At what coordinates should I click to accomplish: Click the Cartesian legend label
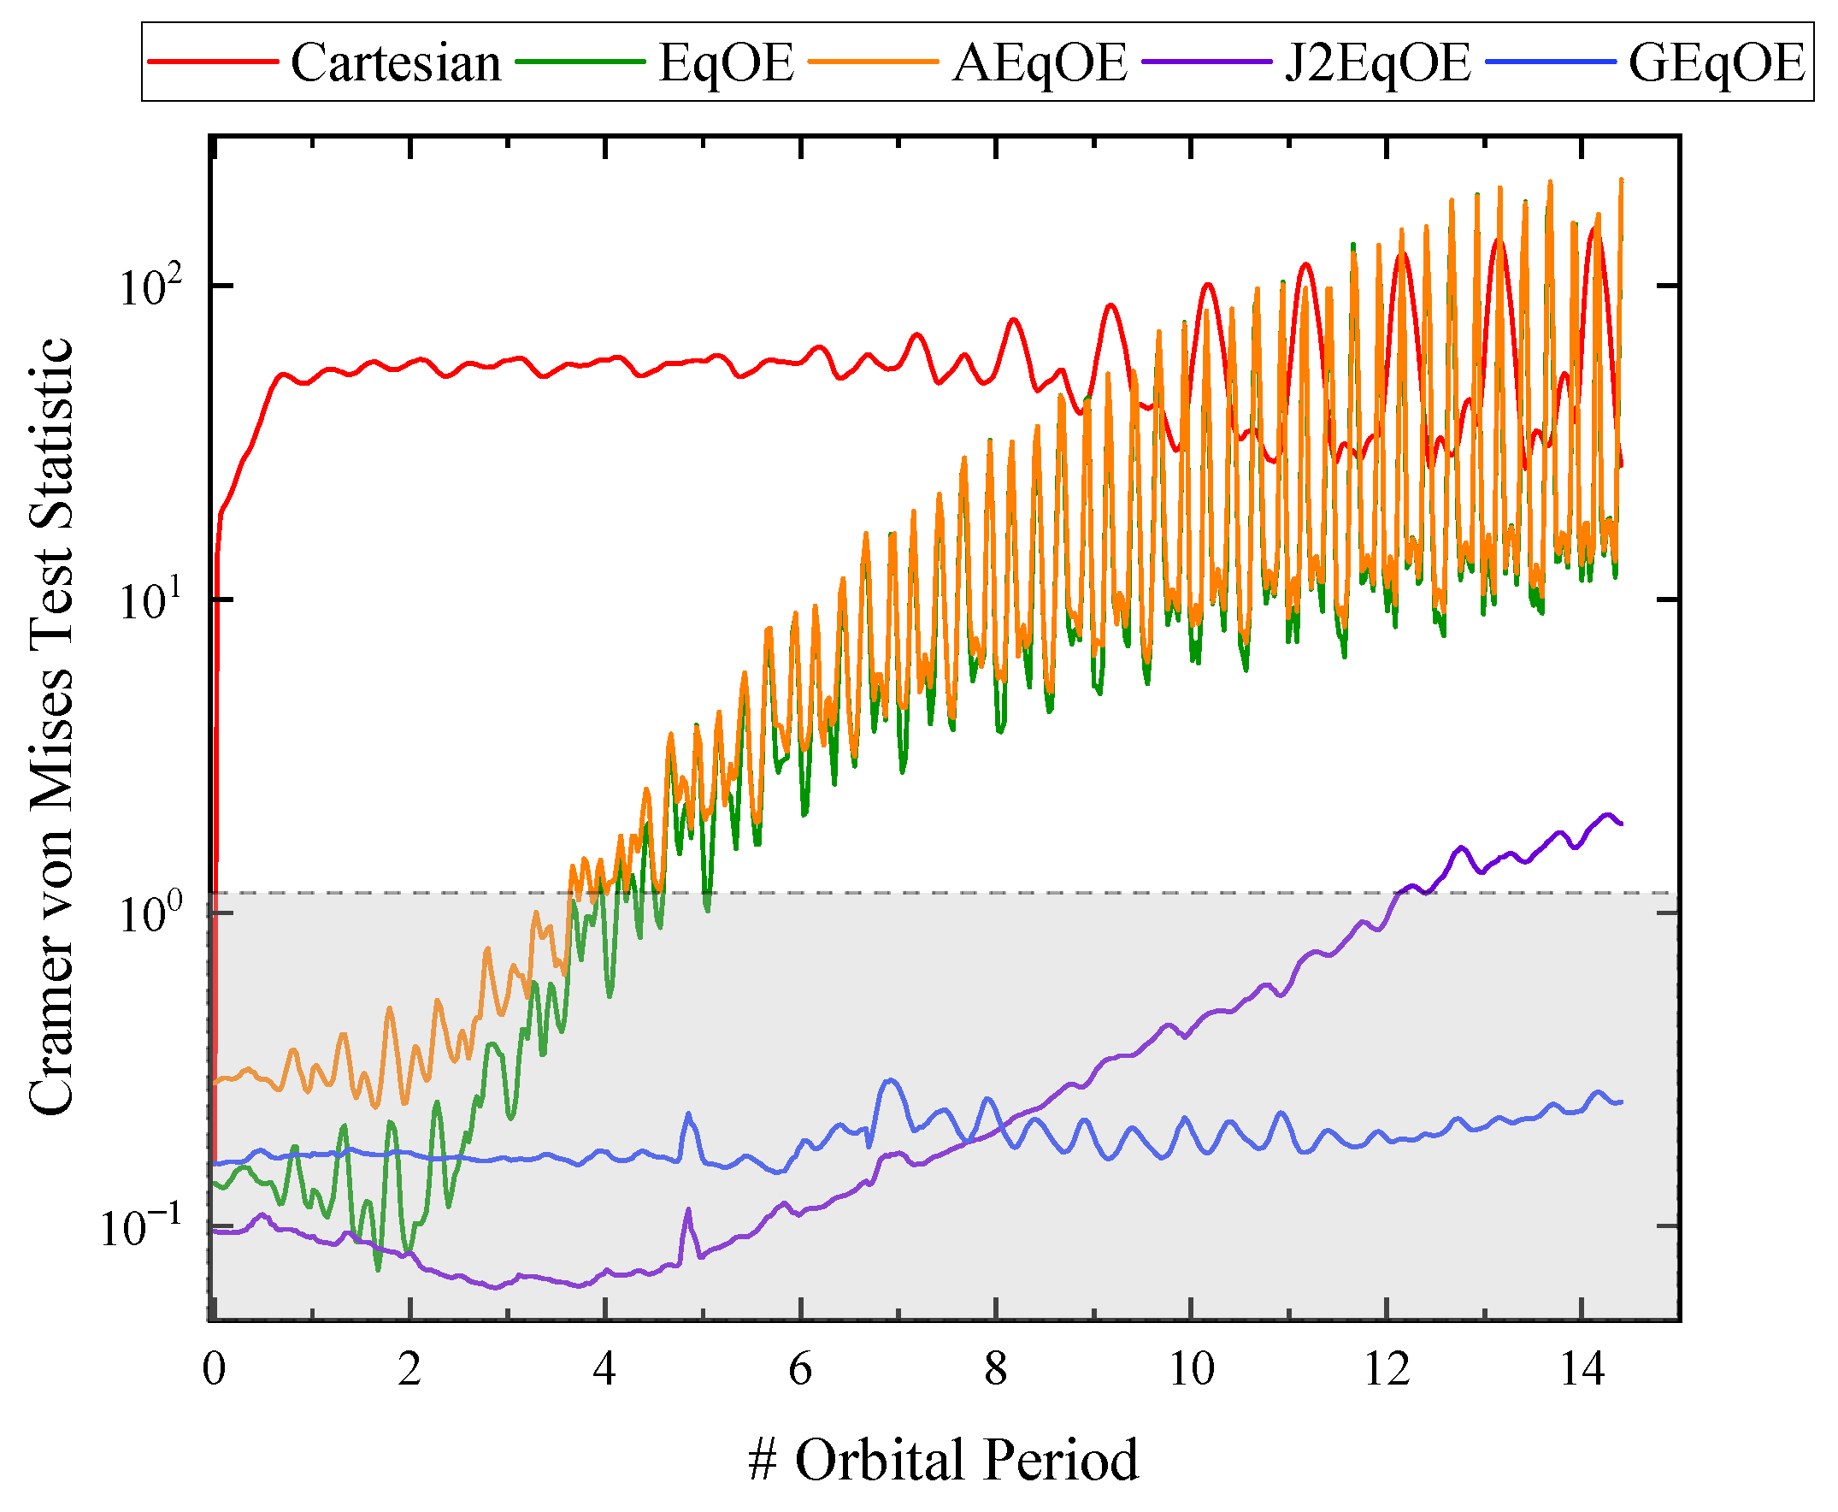pyautogui.click(x=395, y=62)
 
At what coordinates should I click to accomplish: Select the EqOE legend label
pyautogui.click(x=725, y=62)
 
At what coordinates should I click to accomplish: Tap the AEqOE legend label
pyautogui.click(x=1040, y=62)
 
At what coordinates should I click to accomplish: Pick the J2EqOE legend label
pyautogui.click(x=1377, y=62)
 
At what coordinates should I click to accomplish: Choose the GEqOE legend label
pyautogui.click(x=1716, y=62)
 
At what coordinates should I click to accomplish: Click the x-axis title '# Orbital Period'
pyautogui.click(x=943, y=1460)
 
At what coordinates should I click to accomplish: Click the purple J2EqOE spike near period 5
pyautogui.click(x=688, y=1211)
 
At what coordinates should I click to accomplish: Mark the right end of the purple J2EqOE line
pyautogui.click(x=1620, y=824)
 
